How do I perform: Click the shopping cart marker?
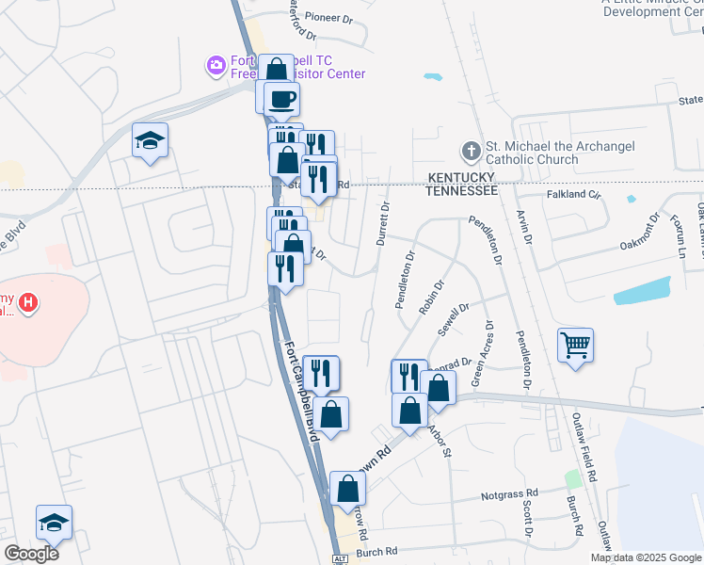pos(575,344)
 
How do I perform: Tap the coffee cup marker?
pos(280,97)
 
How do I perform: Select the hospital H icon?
pos(29,302)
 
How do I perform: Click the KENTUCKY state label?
pos(461,177)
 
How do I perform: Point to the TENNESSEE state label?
pos(461,190)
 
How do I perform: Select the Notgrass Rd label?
pos(509,492)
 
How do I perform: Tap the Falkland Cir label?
pos(573,194)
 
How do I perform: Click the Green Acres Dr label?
pos(482,354)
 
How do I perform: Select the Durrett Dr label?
pos(382,224)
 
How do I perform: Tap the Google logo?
pos(31,554)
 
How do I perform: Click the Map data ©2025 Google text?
pos(647,557)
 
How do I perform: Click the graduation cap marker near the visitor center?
pos(150,140)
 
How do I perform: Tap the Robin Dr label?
pos(435,295)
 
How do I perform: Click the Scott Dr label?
pos(528,519)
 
